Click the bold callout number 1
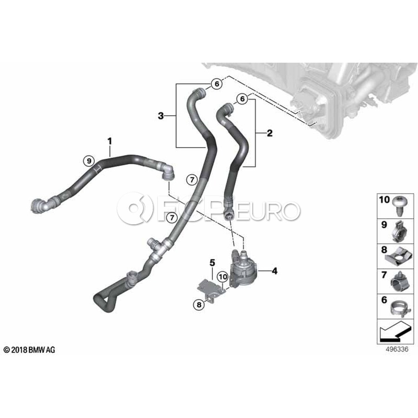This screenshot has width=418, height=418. [x=110, y=141]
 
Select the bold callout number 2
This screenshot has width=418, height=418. [x=270, y=133]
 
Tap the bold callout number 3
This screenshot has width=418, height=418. [x=161, y=116]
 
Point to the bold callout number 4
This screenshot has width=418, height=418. [x=274, y=271]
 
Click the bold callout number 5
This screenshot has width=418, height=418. [x=212, y=262]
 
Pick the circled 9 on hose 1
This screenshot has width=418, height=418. [x=89, y=161]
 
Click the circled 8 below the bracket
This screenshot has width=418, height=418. [x=199, y=305]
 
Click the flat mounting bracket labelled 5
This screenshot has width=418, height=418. [x=210, y=289]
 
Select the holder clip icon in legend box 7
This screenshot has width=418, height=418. [x=399, y=282]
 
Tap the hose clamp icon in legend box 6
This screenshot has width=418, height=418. [x=399, y=308]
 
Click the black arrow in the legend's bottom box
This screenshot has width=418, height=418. [x=394, y=332]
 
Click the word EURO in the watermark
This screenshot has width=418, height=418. [x=268, y=210]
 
